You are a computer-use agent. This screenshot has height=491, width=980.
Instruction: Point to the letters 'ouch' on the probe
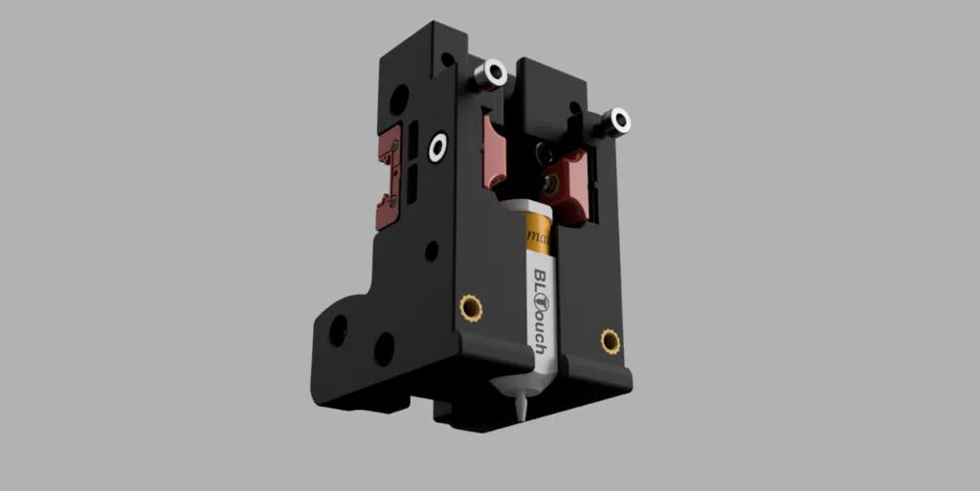[x=539, y=331]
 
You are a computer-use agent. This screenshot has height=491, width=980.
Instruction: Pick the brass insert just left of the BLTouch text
[x=470, y=306]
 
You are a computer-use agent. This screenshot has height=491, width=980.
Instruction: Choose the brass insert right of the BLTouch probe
[x=610, y=340]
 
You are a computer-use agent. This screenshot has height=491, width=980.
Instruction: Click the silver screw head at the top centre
[x=495, y=72]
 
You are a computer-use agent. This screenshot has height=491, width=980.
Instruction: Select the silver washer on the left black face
[x=438, y=147]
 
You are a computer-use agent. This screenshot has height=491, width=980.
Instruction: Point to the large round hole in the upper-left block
[x=398, y=97]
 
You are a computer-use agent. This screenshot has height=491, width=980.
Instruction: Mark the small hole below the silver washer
[x=432, y=251]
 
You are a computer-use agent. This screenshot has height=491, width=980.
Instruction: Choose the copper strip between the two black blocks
[x=497, y=153]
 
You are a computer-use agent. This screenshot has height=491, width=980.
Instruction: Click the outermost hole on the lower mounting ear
[x=338, y=331]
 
